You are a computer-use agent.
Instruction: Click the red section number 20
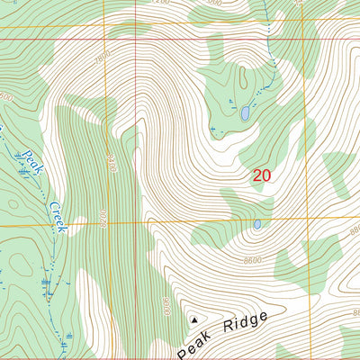pos(261,176)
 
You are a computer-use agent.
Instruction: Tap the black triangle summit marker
pos(193,319)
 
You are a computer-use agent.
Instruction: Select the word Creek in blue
pos(58,216)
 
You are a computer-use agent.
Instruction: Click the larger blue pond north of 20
pos(243,114)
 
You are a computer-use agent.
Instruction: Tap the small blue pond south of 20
pos(257,224)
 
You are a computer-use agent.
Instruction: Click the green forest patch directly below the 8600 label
pos(297,265)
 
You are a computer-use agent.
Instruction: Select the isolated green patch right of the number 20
pos(337,175)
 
